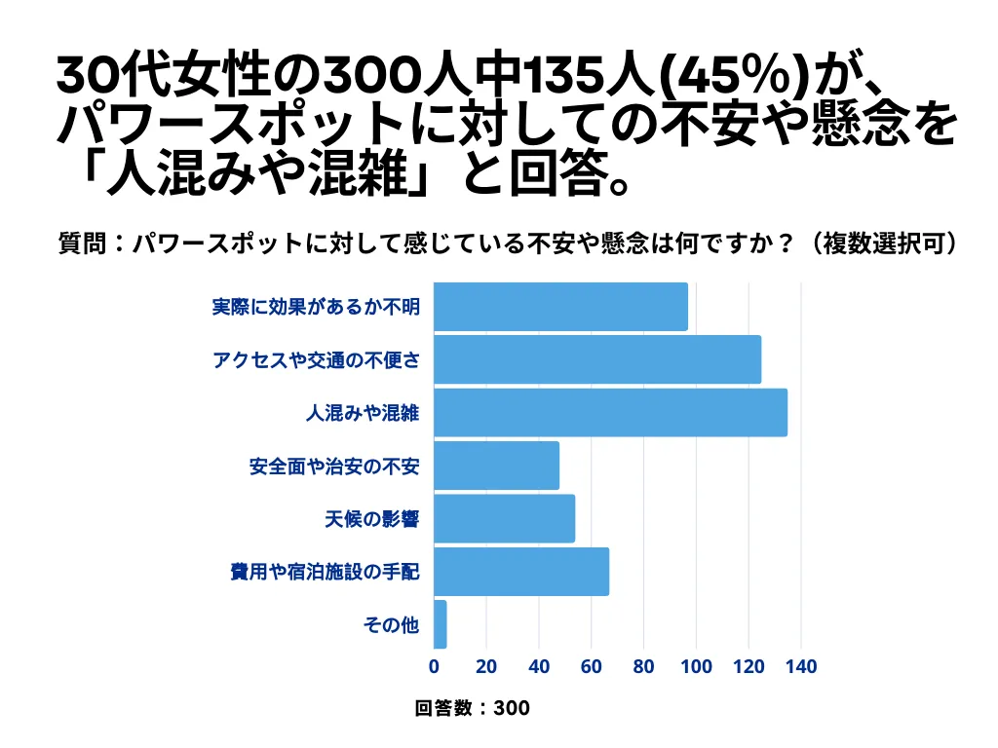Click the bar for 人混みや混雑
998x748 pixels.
click(610, 412)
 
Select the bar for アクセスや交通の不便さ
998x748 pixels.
click(596, 359)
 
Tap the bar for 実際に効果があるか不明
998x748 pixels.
click(560, 307)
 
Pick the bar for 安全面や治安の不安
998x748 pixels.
click(496, 466)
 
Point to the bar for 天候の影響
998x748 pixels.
click(504, 518)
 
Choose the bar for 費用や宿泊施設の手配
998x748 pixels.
click(521, 571)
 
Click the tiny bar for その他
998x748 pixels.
click(440, 624)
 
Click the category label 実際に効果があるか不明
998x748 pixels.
click(316, 307)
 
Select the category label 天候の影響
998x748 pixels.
click(371, 518)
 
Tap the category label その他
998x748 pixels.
click(391, 624)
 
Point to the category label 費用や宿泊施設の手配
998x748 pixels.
click(325, 571)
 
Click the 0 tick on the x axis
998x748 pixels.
click(434, 667)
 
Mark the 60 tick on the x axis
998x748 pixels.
click(592, 667)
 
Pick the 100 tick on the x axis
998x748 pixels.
click(696, 667)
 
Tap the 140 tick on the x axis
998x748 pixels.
click(801, 667)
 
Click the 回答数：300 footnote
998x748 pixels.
click(473, 708)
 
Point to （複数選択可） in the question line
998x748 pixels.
click(883, 243)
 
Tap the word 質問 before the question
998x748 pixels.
click(75, 243)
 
